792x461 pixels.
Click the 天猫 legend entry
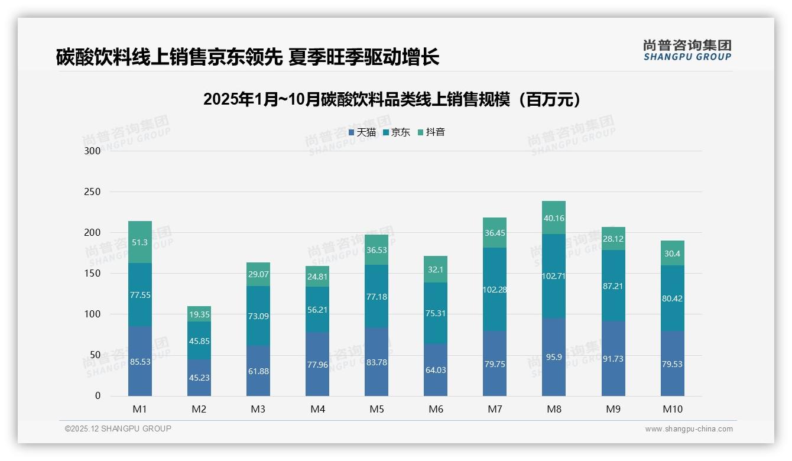pos(362,132)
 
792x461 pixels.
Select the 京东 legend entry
pos(397,132)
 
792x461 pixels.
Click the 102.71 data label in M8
pos(554,276)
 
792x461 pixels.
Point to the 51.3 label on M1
pos(140,242)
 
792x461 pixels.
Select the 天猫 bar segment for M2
pos(199,378)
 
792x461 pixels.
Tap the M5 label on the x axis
pos(376,409)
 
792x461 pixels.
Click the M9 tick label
pos(613,409)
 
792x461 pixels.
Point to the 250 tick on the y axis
pos(93,192)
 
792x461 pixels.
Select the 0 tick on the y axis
pos(98,396)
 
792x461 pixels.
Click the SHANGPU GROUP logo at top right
pos(687,50)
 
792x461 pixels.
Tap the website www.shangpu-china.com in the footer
pos(689,429)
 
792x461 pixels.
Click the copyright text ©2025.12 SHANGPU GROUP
pos(118,429)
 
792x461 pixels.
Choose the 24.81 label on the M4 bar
pos(317,276)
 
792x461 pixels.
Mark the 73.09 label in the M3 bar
pos(258,316)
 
